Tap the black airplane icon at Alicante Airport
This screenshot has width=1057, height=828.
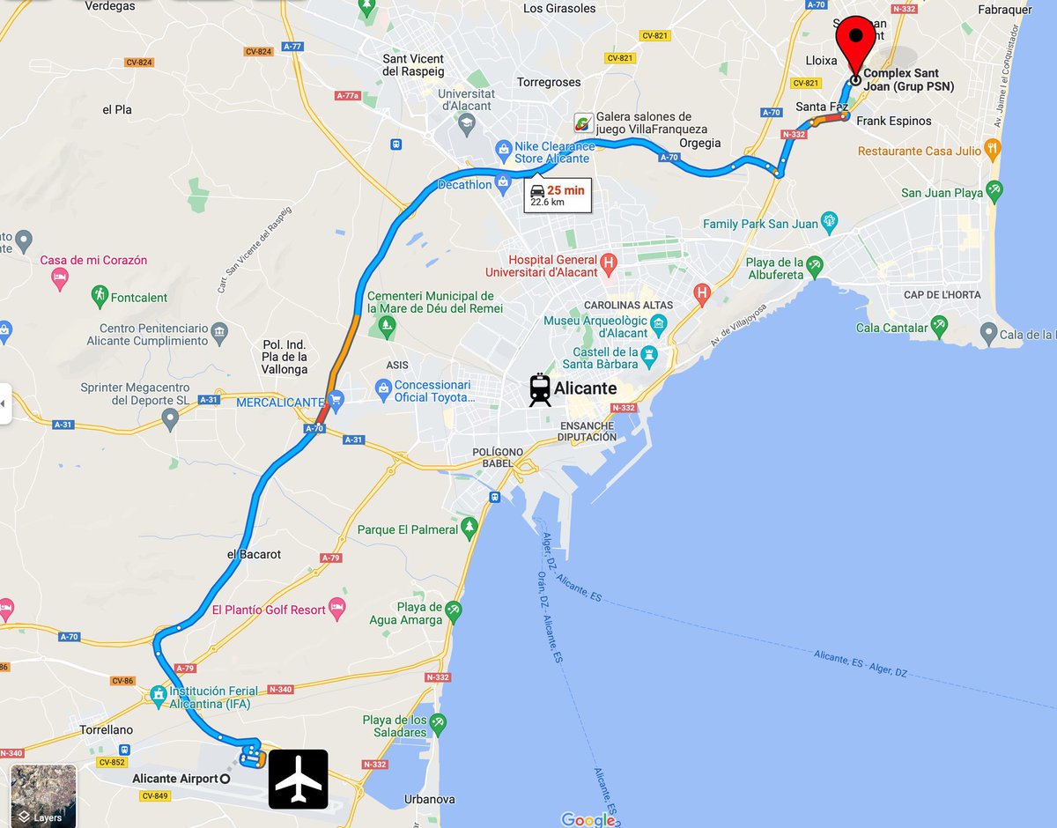298,779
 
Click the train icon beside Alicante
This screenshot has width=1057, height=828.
540,389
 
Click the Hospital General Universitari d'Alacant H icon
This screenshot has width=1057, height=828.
607,262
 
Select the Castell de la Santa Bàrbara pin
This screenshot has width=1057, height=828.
650,357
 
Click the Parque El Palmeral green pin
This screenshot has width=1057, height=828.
469,529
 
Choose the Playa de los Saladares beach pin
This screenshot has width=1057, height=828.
438,724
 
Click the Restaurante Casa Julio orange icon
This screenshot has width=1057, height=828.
994,150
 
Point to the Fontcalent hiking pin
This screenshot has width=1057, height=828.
100,297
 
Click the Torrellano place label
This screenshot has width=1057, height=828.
106,730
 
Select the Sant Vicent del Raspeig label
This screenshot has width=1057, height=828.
413,65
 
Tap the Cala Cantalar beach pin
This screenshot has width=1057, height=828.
941,328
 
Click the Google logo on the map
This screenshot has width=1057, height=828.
588,819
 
